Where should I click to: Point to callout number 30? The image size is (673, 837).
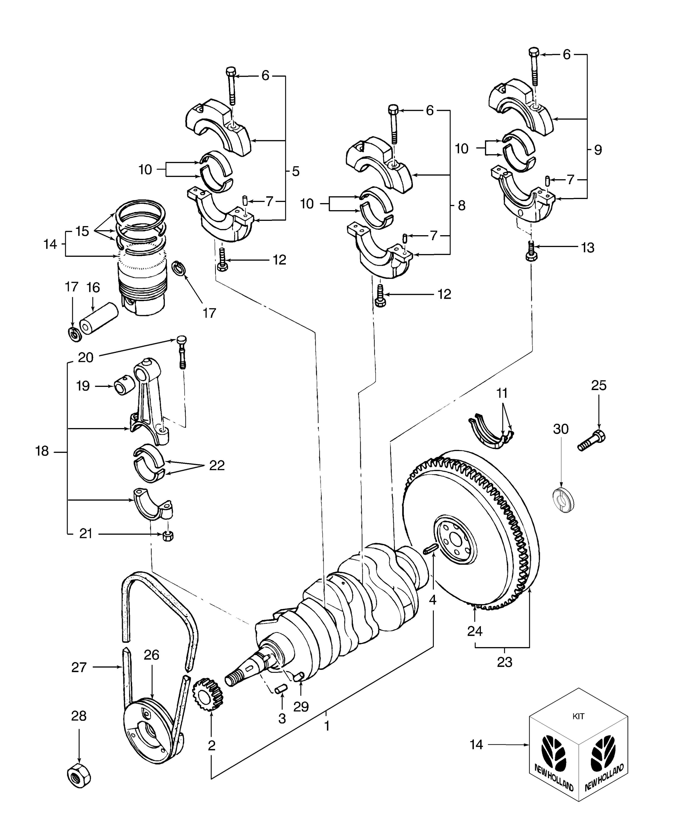click(x=561, y=429)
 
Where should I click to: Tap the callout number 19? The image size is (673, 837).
click(x=83, y=386)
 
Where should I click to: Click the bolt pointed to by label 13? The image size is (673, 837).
click(x=531, y=250)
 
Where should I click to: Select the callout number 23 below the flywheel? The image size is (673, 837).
click(x=505, y=662)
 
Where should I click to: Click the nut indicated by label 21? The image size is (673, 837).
click(x=168, y=536)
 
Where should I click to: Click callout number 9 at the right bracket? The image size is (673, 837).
click(x=598, y=150)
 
